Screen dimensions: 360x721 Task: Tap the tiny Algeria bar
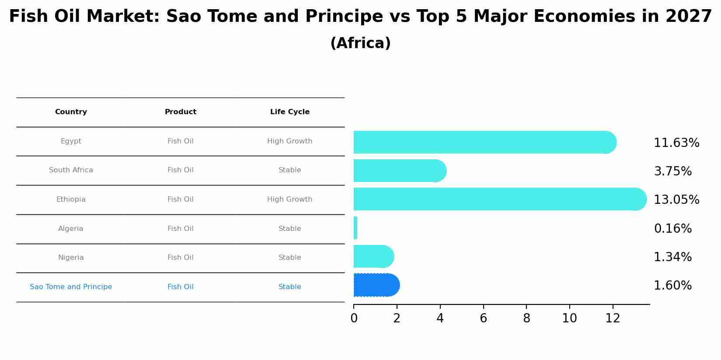pos(355,228)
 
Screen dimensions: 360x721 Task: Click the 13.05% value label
pos(676,200)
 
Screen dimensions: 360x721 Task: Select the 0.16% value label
pos(672,229)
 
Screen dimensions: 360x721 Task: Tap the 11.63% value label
pos(676,143)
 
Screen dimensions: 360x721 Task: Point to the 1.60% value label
pos(672,286)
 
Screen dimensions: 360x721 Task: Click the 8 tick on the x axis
pos(526,318)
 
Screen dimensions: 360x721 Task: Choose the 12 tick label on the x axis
pos(613,318)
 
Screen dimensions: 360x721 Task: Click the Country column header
pos(71,112)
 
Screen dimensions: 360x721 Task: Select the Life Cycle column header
pos(289,112)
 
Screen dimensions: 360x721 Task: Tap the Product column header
pos(180,112)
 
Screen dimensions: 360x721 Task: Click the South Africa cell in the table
pos(71,170)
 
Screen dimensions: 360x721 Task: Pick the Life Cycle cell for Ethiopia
pos(289,199)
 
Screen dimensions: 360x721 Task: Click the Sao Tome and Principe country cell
pos(71,287)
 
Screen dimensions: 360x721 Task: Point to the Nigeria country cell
pos(71,258)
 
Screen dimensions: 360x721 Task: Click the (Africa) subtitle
pos(360,43)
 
